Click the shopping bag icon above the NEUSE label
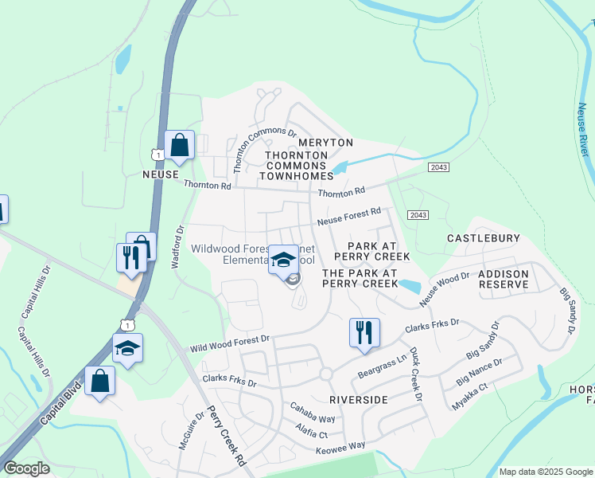(179, 147)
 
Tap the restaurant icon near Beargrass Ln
(364, 333)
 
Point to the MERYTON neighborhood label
(325, 143)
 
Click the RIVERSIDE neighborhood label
(357, 398)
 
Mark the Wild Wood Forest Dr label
(230, 344)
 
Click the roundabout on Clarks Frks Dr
(325, 374)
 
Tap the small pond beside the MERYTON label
(340, 168)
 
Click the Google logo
(26, 468)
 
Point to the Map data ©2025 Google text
(545, 472)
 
